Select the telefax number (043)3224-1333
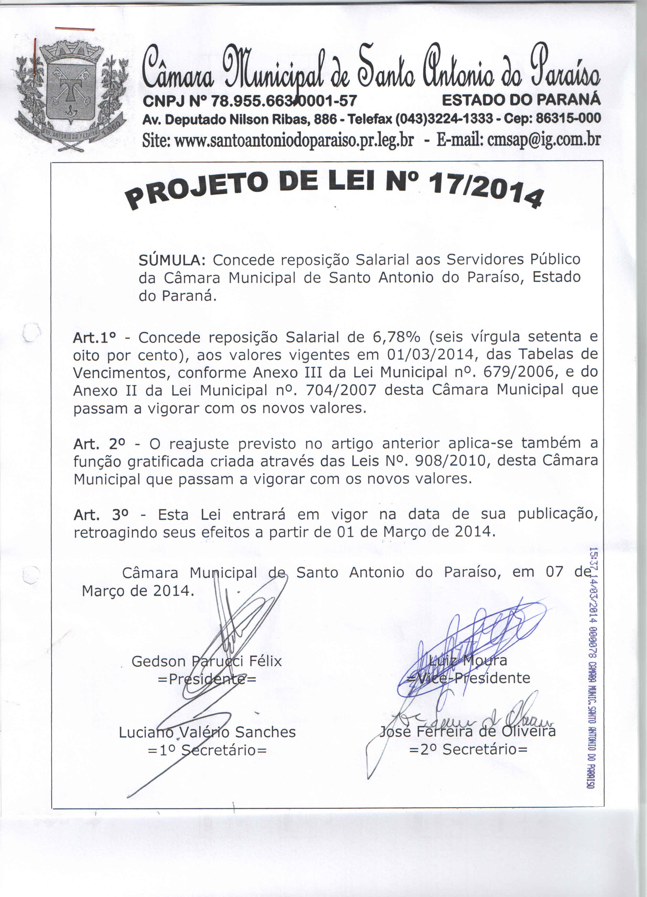coord(445,119)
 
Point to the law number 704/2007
coord(341,390)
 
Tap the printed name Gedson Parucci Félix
coord(207,661)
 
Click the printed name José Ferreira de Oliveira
coord(467,731)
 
